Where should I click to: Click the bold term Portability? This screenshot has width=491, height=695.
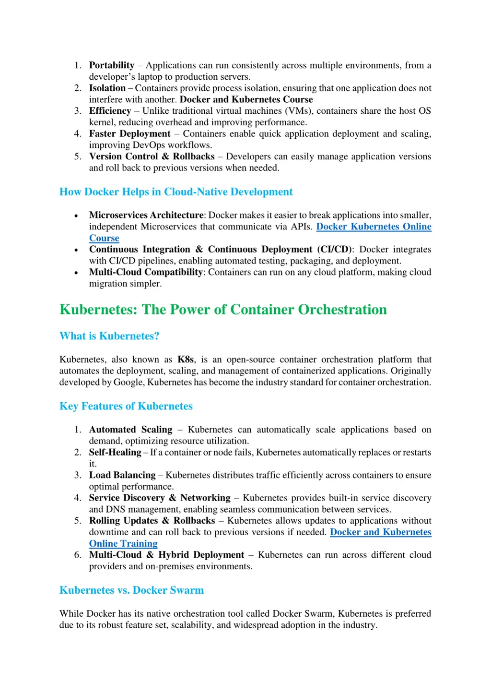tap(111, 65)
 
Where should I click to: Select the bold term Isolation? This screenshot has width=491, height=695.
tap(107, 88)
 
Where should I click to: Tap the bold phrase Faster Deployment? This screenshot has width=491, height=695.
tap(129, 133)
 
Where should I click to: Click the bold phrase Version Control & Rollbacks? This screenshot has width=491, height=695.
tap(152, 156)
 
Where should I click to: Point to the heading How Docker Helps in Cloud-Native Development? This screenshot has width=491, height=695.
tap(175, 192)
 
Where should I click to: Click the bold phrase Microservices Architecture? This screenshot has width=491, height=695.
tap(146, 215)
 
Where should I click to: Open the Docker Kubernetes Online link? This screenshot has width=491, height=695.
tap(374, 227)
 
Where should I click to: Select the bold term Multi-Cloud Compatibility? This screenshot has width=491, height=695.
tap(146, 272)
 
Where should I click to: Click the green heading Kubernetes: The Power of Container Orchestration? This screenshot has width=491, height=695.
tap(223, 310)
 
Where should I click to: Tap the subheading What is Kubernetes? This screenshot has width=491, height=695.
tap(109, 336)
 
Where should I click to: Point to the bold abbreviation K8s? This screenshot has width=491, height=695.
tap(186, 359)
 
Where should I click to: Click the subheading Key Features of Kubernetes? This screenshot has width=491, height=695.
tap(126, 406)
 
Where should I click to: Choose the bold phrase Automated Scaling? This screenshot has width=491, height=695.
tap(130, 430)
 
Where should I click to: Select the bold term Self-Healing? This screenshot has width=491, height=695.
tap(115, 452)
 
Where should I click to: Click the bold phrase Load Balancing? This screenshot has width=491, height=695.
tap(122, 475)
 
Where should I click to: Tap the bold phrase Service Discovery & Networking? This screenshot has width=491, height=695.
tap(160, 498)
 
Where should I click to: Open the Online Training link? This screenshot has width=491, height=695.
tap(123, 543)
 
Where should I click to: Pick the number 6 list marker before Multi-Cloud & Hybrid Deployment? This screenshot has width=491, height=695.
tap(78, 555)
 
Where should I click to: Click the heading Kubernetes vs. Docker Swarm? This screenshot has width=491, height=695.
tap(131, 590)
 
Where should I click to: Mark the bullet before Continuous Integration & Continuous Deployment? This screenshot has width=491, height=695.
tap(76, 250)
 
